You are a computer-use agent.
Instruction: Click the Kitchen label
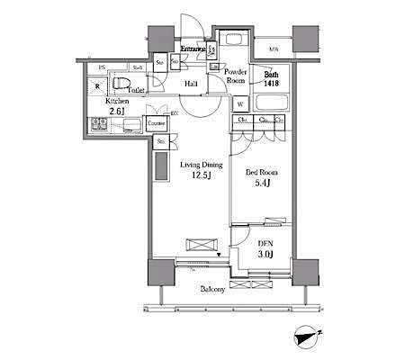pos(117,102)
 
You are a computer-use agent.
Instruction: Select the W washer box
pos(241,103)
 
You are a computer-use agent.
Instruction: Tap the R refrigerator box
pos(98,86)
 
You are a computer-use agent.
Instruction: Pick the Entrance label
pos(194,49)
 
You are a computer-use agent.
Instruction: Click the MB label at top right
pos(271,49)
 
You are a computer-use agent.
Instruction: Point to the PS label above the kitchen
pos(103,68)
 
